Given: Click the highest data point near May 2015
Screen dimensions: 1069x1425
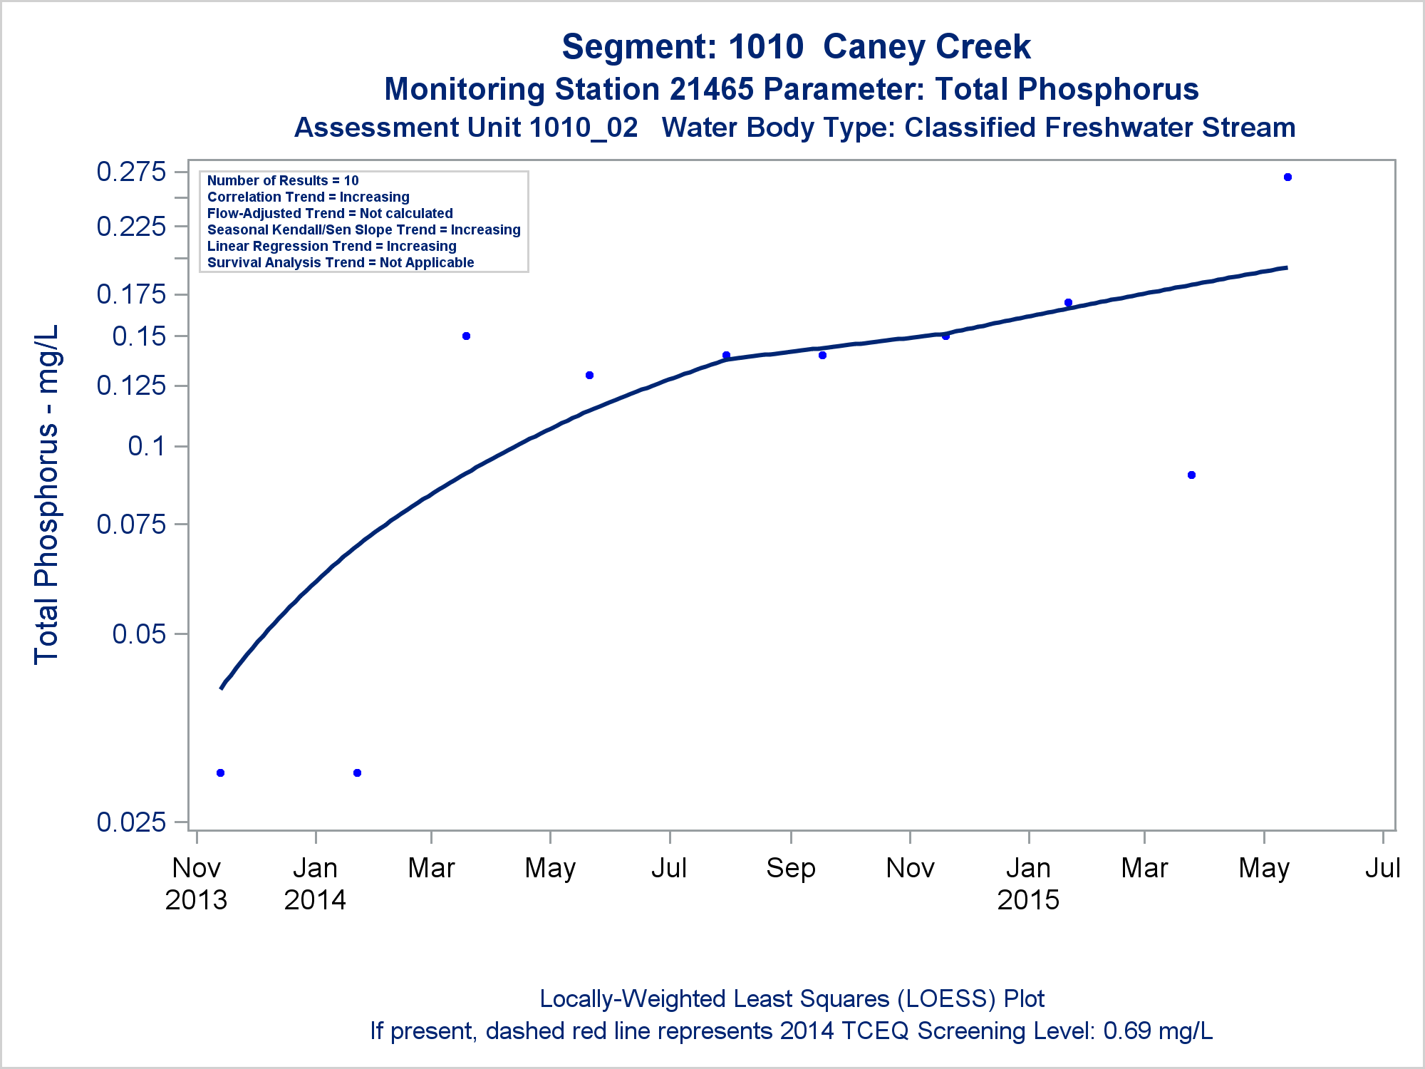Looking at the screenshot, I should [x=1287, y=177].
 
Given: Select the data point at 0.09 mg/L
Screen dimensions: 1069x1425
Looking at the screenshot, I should [x=1192, y=475].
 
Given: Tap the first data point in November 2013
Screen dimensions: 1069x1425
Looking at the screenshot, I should [x=220, y=773].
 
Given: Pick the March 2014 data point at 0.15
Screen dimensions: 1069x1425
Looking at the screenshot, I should [x=467, y=336].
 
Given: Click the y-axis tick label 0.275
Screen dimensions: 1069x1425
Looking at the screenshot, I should [x=131, y=172].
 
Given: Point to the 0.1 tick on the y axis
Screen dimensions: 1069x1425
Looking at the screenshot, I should [x=147, y=446].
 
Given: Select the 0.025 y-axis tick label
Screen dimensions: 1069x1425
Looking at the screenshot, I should [x=131, y=822].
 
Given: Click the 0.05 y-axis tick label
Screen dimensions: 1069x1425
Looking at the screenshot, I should [x=139, y=634].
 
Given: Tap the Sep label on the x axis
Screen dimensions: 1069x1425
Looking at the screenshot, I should [x=790, y=868].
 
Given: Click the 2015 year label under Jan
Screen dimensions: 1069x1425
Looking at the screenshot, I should [x=1028, y=900].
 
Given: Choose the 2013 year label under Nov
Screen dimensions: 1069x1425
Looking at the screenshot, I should [x=196, y=900].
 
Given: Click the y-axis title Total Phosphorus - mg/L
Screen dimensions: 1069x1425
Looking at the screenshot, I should [x=47, y=495].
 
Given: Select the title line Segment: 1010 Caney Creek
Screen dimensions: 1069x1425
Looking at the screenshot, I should [x=796, y=47].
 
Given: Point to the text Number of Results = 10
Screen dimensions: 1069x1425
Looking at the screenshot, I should [x=283, y=181].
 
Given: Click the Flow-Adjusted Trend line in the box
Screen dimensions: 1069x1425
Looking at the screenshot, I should [x=330, y=214].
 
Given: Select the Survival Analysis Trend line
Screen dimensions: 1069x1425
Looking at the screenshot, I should [x=341, y=263].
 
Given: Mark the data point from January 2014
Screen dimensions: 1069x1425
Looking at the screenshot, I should [x=358, y=773].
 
